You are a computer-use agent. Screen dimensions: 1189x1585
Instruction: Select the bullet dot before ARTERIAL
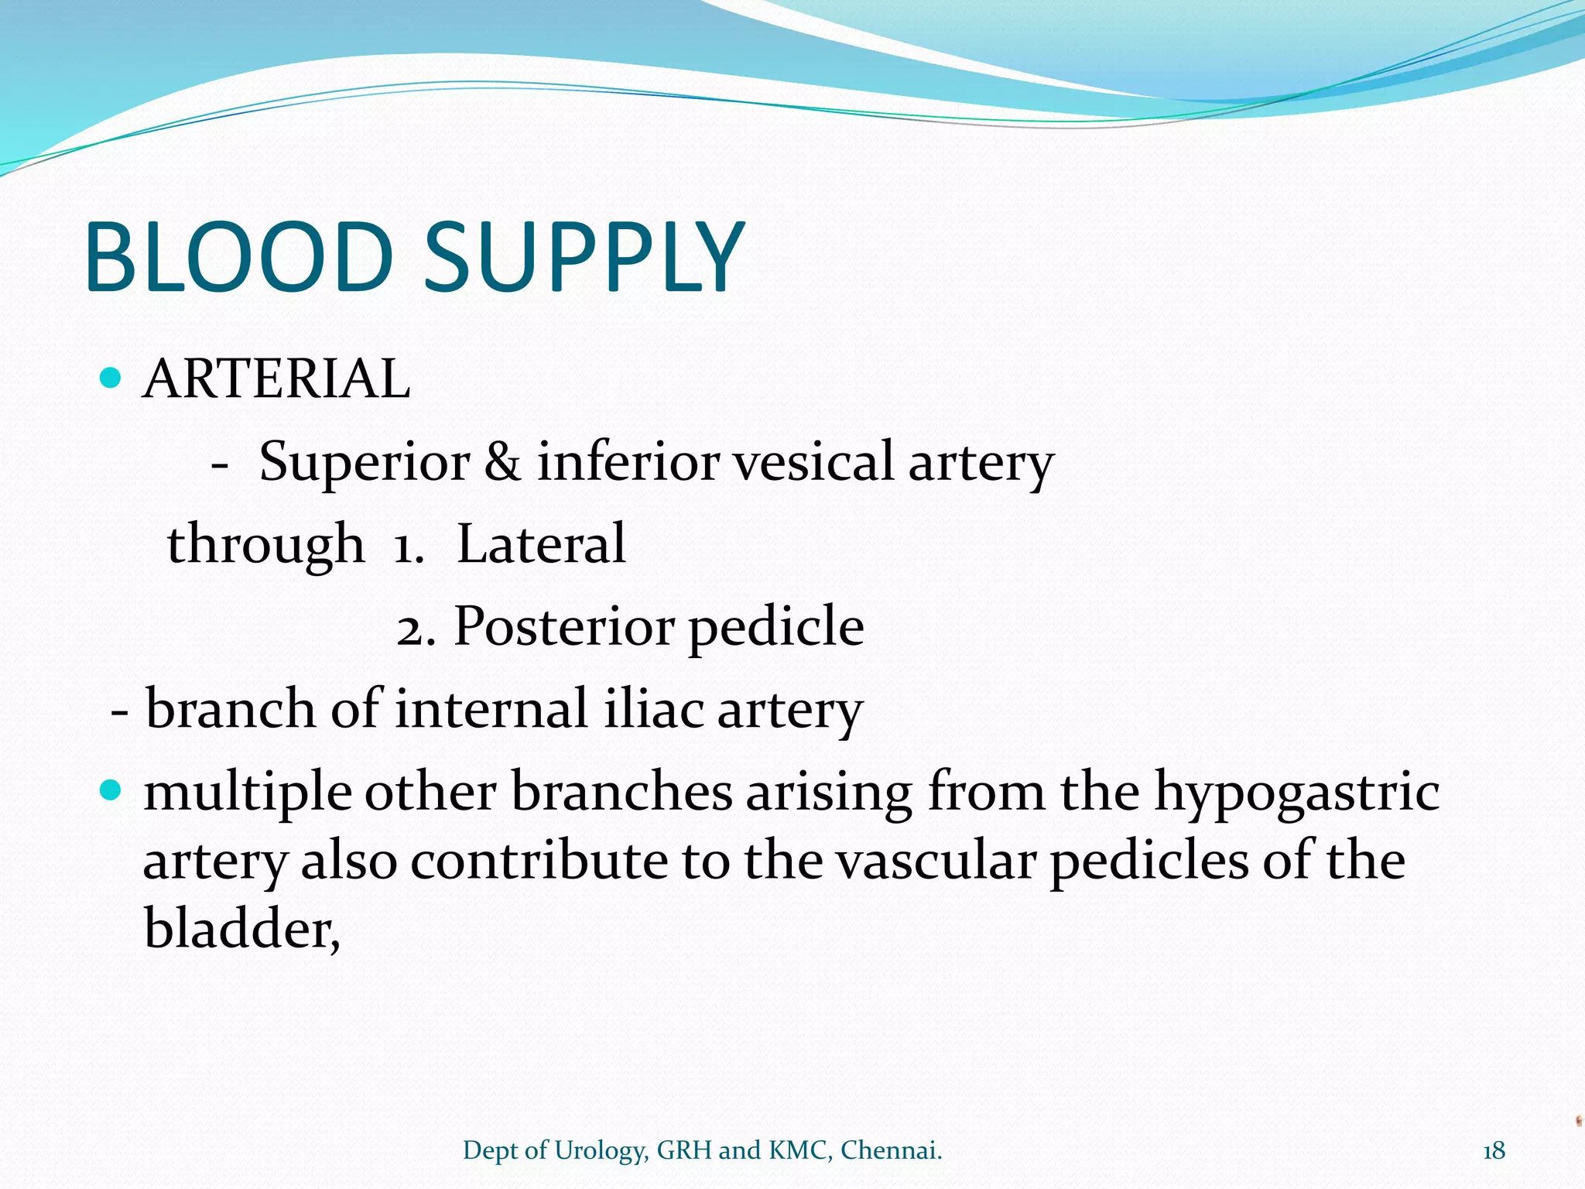[112, 379]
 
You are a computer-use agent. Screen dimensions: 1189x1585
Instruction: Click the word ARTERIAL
[276, 379]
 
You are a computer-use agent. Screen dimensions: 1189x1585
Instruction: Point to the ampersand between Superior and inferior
[503, 462]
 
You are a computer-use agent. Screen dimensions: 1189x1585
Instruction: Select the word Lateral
[541, 544]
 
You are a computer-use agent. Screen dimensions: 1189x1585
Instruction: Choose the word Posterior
[563, 627]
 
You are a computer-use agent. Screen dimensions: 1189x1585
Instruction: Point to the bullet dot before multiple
[112, 791]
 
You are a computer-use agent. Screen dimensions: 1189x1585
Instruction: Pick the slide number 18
[1494, 1151]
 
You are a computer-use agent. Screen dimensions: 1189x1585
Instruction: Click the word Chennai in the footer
[891, 1151]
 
